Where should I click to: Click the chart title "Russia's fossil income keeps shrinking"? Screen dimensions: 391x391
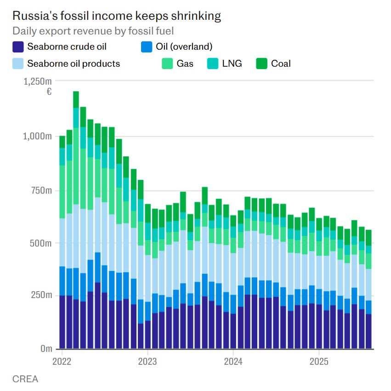point(116,16)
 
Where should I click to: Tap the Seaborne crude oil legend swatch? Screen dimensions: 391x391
point(18,46)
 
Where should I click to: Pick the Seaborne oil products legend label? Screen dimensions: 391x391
point(74,63)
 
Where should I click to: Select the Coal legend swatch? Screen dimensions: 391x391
point(261,63)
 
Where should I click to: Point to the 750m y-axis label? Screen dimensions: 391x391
point(40,190)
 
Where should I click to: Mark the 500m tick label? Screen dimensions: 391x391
point(40,243)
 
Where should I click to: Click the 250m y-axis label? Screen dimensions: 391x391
point(40,295)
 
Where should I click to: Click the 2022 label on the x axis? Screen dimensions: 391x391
point(62,361)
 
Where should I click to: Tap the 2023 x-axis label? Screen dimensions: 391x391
point(147,361)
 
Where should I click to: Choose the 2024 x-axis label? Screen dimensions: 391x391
point(233,361)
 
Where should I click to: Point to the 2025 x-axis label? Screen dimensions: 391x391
point(319,361)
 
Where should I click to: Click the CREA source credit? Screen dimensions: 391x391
point(25,379)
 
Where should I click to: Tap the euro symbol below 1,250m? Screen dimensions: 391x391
point(49,92)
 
